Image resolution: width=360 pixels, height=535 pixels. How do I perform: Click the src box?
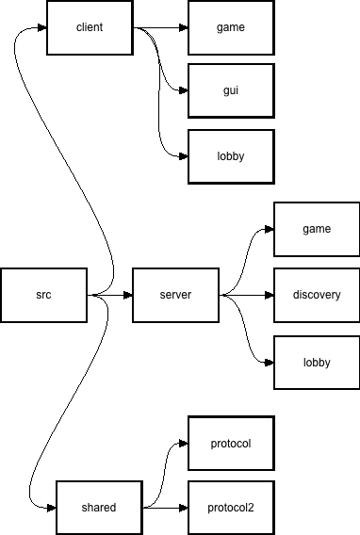coord(43,296)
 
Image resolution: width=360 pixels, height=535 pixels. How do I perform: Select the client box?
coord(90,27)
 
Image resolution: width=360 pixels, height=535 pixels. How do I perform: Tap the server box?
coord(175,296)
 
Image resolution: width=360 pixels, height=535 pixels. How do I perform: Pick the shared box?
coord(99,508)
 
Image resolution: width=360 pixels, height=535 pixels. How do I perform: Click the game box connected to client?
coord(231,27)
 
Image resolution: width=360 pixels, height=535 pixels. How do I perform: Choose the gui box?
coord(231,91)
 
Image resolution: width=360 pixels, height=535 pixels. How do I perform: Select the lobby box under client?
coord(231,156)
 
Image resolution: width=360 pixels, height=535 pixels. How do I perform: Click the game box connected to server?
coord(317,230)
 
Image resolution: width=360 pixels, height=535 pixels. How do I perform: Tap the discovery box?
coord(317,296)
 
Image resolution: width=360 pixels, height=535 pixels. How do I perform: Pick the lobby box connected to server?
coord(317,363)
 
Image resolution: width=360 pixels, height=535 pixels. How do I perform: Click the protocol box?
coord(231,444)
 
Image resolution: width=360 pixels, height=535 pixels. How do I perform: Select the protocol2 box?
coord(231,508)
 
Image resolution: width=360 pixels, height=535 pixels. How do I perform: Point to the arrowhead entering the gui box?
coord(184,91)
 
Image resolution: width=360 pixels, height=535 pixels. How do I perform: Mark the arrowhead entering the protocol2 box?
coord(184,508)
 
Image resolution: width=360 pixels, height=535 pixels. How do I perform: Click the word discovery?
coord(317,296)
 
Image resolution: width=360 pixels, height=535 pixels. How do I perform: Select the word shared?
coord(99,508)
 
